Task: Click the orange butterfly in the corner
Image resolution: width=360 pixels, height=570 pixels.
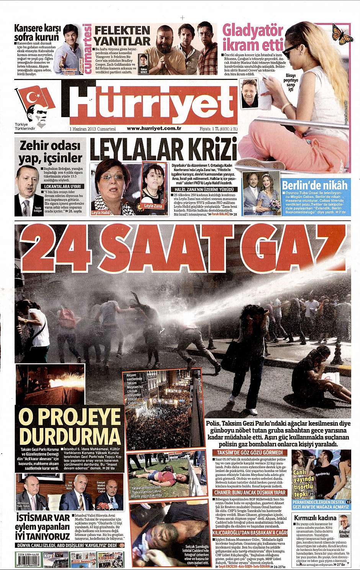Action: (x=342, y=34)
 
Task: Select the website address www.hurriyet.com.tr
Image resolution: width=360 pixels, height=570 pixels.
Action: (x=154, y=129)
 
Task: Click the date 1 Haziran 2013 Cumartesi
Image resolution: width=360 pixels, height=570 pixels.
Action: (x=93, y=129)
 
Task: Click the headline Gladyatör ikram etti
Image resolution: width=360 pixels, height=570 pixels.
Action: (x=253, y=37)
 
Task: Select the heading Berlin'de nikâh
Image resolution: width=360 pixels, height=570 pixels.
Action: (x=315, y=185)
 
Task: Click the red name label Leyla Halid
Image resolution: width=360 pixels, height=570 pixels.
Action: (x=100, y=212)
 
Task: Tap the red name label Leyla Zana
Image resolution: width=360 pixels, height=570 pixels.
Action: (x=153, y=206)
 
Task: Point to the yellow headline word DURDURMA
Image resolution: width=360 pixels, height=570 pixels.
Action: (x=70, y=436)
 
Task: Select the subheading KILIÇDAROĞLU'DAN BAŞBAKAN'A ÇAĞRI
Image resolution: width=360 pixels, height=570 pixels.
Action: (x=250, y=532)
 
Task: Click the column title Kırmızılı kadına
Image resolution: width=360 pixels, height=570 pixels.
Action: (x=314, y=518)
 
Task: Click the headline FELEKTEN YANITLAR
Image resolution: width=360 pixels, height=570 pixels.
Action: (x=122, y=36)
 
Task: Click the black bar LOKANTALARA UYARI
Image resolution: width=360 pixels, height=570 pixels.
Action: (x=62, y=186)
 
